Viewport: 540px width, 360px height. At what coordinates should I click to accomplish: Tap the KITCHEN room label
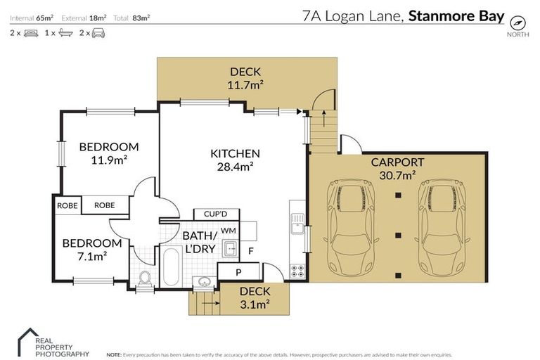point(236,153)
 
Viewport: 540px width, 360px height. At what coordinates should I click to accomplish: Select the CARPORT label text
point(397,162)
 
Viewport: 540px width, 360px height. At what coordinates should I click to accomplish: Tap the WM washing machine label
point(228,230)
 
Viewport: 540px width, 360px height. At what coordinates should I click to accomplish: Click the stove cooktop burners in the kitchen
point(297,270)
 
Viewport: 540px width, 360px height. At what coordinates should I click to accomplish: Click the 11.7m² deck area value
point(245,85)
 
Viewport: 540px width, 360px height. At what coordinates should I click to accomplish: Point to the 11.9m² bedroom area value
point(108,160)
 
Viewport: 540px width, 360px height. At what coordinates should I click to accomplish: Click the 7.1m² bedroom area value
point(92,256)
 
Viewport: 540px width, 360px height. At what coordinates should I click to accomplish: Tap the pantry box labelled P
point(238,272)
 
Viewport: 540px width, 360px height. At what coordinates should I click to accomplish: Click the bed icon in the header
point(31,33)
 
